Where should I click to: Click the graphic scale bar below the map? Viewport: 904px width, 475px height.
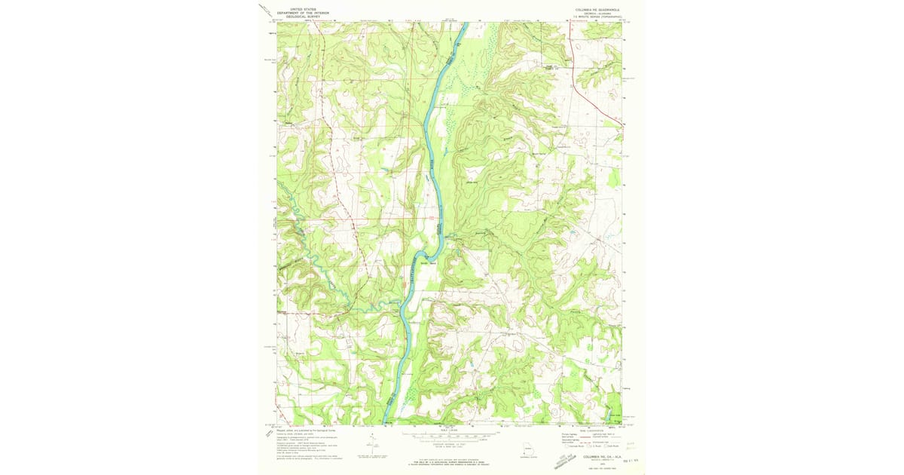pyautogui.click(x=451, y=435)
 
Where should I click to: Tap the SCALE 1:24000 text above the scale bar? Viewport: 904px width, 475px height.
pyautogui.click(x=451, y=430)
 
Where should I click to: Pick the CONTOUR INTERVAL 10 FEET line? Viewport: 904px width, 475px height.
pyautogui.click(x=451, y=443)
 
